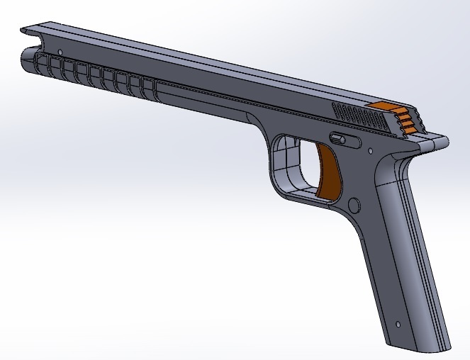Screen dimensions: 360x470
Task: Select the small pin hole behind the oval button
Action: [370, 150]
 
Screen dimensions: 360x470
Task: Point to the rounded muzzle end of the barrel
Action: [28, 60]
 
